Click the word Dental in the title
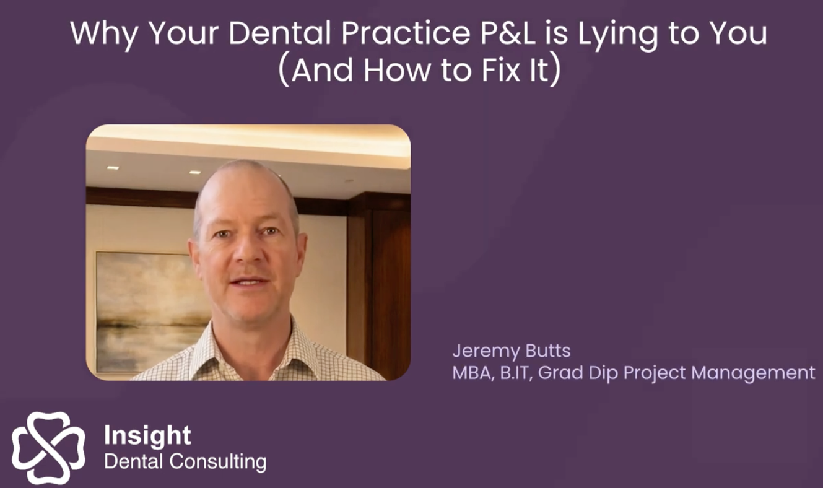tap(280, 33)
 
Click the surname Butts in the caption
tap(548, 351)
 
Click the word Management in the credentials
tap(753, 374)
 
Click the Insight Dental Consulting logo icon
tap(48, 448)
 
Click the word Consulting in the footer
tap(218, 462)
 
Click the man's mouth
tap(249, 282)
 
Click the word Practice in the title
tap(406, 33)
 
